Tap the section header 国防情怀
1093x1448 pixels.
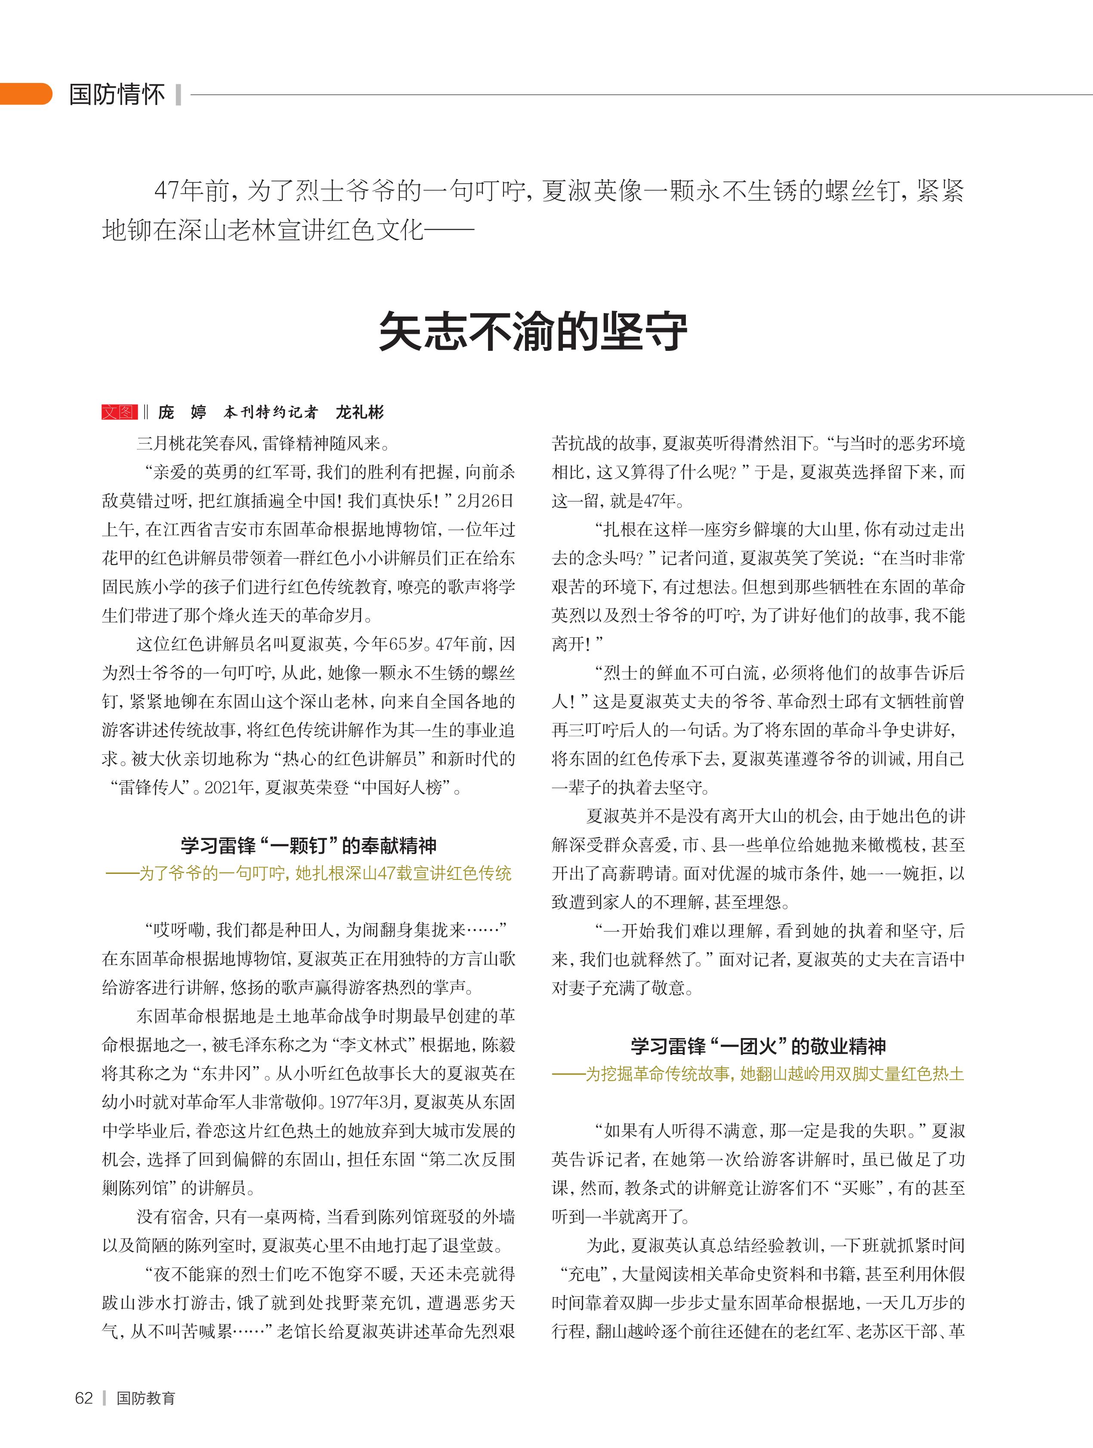(x=117, y=94)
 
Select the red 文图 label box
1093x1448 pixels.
(x=119, y=412)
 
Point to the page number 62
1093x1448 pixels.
(x=84, y=1398)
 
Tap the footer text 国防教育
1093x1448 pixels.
(x=145, y=1398)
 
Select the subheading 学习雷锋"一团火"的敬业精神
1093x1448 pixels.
(x=758, y=1045)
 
